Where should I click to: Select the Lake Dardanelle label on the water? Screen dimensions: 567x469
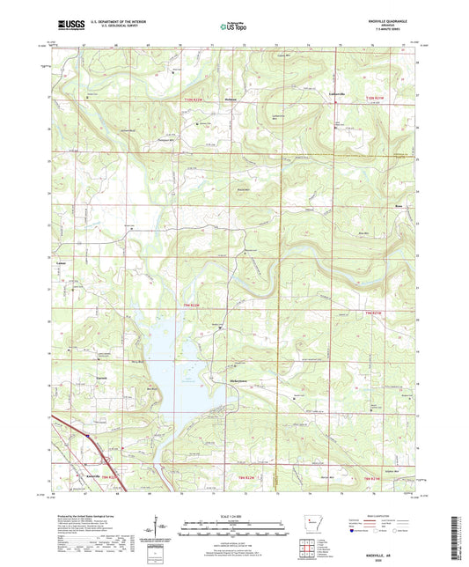click(x=188, y=379)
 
